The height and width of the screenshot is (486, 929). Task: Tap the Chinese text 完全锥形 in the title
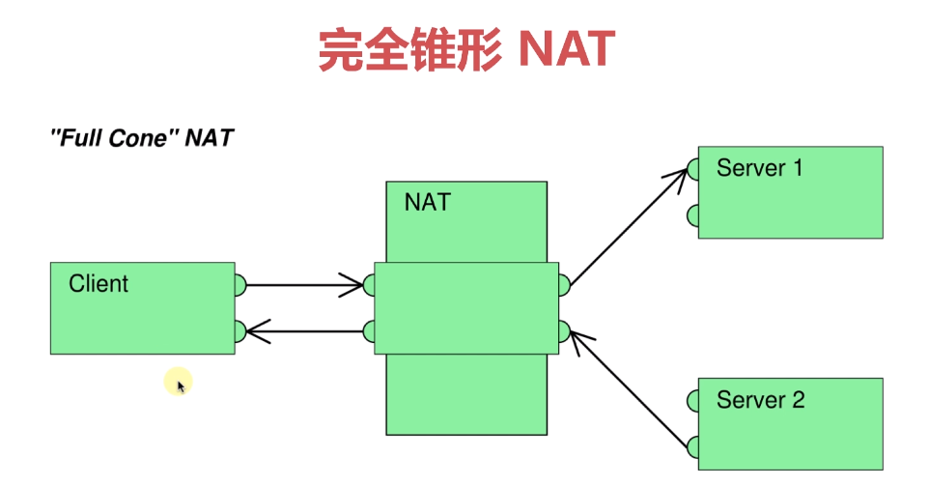(409, 48)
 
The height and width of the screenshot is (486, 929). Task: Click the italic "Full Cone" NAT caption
(141, 137)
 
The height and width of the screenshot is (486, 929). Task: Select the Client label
(99, 284)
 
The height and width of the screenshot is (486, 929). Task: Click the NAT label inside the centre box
(427, 203)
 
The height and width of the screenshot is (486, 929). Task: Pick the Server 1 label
(759, 168)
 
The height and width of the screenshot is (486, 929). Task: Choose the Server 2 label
(760, 400)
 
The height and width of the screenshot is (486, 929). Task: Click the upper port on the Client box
(240, 285)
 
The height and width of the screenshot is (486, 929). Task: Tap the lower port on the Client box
(240, 332)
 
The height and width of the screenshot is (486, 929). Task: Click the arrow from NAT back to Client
(304, 332)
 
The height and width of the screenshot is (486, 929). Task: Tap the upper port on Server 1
(693, 170)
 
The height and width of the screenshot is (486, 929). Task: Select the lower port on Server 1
(693, 215)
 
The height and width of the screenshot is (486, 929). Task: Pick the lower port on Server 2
(693, 446)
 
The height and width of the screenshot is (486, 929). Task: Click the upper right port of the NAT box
(564, 285)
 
